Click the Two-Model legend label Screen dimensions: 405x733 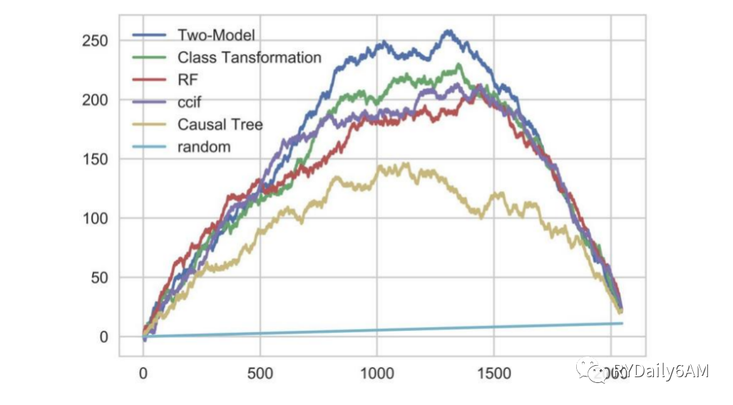[x=216, y=35]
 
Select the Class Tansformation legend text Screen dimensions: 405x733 [x=250, y=58]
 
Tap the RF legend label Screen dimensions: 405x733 [x=187, y=80]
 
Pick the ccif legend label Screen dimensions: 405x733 [x=190, y=102]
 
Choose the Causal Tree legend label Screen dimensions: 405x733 [x=220, y=125]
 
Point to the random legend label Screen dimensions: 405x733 [x=204, y=147]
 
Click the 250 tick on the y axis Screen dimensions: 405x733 [x=94, y=41]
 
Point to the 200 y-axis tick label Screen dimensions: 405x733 [x=94, y=100]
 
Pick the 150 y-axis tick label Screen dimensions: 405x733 [x=94, y=159]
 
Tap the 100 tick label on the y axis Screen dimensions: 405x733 [x=94, y=218]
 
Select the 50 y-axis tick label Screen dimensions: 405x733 [x=98, y=277]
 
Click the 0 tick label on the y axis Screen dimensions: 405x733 [x=103, y=337]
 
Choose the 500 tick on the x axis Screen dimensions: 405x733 [x=260, y=373]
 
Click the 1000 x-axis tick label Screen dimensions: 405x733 [x=377, y=373]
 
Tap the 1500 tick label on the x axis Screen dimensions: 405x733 [x=494, y=373]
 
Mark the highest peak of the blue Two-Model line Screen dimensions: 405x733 [x=448, y=31]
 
